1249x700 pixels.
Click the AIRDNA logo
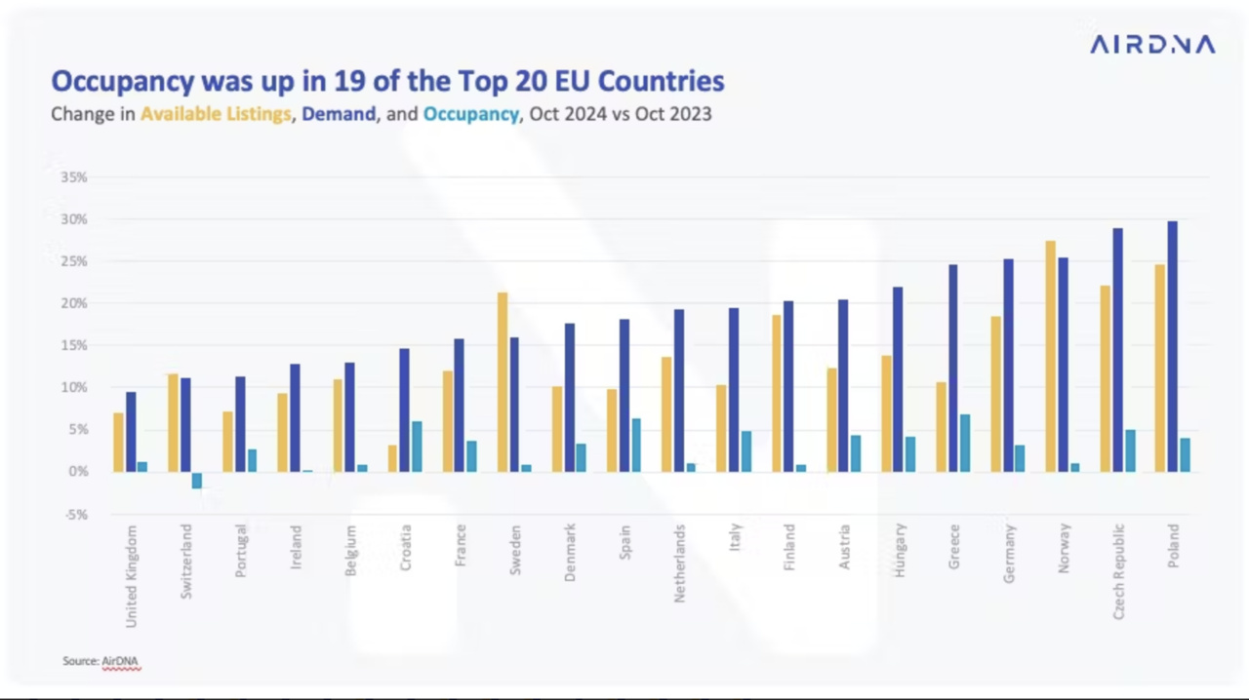(x=1151, y=45)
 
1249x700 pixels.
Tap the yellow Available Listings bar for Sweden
(x=503, y=382)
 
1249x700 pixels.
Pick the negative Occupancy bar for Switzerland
(x=197, y=480)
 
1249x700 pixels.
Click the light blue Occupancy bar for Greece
(x=965, y=443)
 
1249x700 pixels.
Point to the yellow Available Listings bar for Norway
(x=1050, y=356)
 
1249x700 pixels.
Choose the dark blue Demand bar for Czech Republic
(x=1118, y=350)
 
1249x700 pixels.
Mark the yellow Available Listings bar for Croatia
(x=392, y=458)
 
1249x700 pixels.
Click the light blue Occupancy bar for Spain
(x=636, y=445)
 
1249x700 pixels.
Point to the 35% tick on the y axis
(x=74, y=177)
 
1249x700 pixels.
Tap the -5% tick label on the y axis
(x=75, y=514)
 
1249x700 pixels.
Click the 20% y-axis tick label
(x=74, y=303)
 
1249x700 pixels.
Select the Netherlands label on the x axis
(x=680, y=564)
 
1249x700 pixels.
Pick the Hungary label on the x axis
(x=900, y=550)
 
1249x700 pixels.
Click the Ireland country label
(x=296, y=547)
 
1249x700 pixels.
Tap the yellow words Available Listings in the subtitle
(x=216, y=114)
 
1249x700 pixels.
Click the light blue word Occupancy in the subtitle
(x=470, y=114)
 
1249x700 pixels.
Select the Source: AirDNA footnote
(x=101, y=661)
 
